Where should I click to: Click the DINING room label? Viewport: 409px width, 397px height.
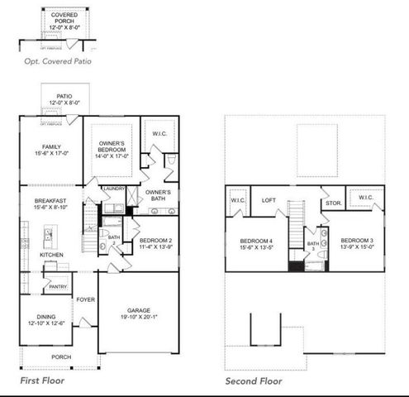point(40,318)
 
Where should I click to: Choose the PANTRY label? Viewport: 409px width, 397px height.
point(57,286)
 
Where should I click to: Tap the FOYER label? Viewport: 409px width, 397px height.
point(86,299)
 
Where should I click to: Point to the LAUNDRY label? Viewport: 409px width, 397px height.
point(113,189)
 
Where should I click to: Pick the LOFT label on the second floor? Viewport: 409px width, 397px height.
point(268,200)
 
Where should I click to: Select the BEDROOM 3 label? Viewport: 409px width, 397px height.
point(357,239)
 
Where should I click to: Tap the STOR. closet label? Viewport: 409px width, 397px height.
point(333,202)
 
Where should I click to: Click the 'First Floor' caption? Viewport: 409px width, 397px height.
point(42,380)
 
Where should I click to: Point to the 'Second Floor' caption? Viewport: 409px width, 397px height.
point(254,380)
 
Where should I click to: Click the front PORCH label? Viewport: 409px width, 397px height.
point(61,357)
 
